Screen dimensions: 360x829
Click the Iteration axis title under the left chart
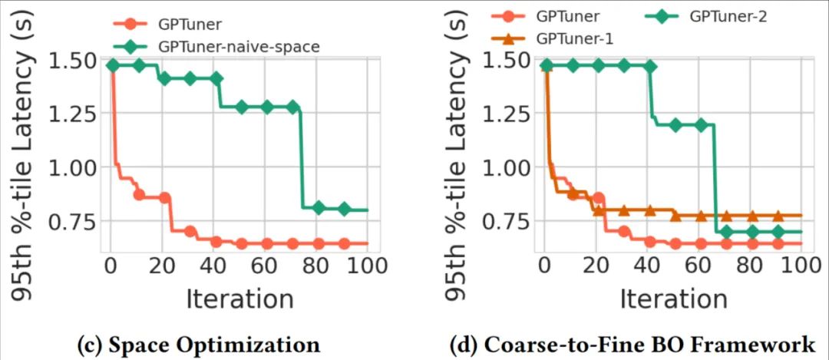[239, 298]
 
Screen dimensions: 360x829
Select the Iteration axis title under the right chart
[673, 298]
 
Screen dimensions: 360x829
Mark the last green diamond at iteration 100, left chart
[345, 209]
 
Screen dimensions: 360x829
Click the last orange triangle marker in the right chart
[778, 216]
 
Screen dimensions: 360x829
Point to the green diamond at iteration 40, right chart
[649, 67]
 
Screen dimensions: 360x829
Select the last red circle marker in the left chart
[345, 244]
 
